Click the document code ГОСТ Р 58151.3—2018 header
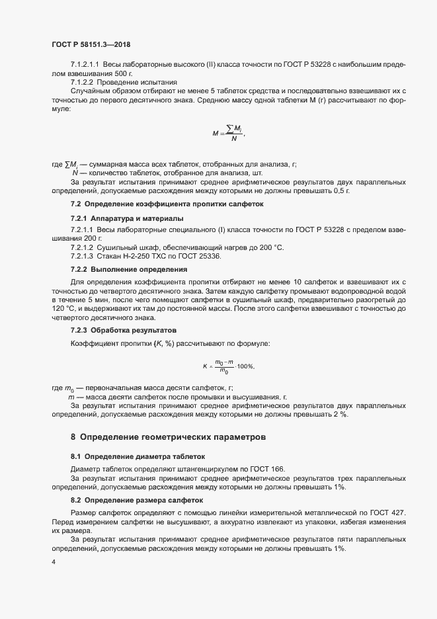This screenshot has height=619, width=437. click(91, 44)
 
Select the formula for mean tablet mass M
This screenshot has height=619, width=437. click(229, 133)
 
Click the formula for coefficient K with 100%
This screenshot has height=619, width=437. click(228, 366)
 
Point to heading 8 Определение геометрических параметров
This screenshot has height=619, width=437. click(169, 437)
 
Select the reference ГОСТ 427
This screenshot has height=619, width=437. click(389, 513)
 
